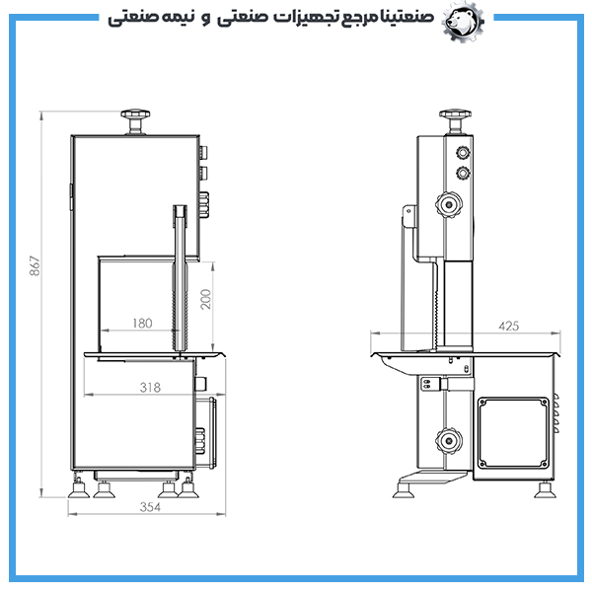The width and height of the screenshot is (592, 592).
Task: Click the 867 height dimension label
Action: pyautogui.click(x=35, y=265)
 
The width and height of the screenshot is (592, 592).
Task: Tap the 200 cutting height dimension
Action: pyautogui.click(x=206, y=299)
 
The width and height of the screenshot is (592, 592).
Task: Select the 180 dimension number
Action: pyautogui.click(x=142, y=324)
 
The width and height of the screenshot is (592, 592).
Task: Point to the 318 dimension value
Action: pyautogui.click(x=150, y=388)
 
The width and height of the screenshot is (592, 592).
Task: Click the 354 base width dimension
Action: pyautogui.click(x=150, y=507)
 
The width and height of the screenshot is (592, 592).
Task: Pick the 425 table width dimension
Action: pyautogui.click(x=509, y=326)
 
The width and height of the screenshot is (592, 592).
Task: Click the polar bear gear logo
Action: pyautogui.click(x=464, y=22)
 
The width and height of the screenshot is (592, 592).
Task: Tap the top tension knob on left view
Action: pyautogui.click(x=135, y=120)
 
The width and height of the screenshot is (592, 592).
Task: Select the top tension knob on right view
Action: pyautogui.click(x=455, y=120)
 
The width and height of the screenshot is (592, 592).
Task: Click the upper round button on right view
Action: pyautogui.click(x=463, y=153)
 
